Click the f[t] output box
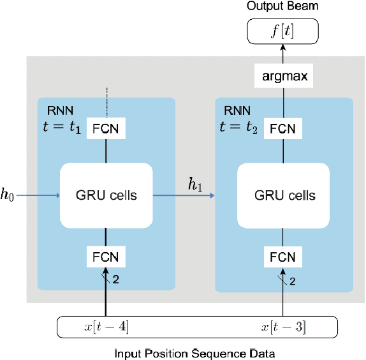tap(282, 29)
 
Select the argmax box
tap(282, 77)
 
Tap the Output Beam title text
tap(282, 7)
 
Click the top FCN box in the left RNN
tap(106, 128)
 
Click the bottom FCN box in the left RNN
tap(106, 257)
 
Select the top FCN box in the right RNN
tap(282, 128)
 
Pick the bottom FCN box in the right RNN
tap(282, 257)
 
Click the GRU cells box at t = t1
tap(106, 194)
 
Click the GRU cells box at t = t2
tap(282, 194)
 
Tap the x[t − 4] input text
tap(105, 327)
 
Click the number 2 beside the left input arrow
tap(116, 280)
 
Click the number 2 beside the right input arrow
tap(292, 281)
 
